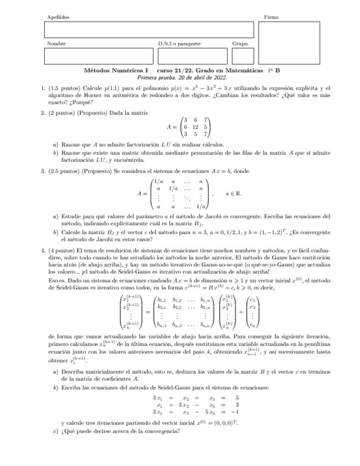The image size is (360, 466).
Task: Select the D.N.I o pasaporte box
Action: point(192,56)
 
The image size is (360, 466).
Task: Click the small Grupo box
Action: point(242,56)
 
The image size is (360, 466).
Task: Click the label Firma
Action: point(271,18)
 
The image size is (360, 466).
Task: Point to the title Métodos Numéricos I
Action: point(116,71)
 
